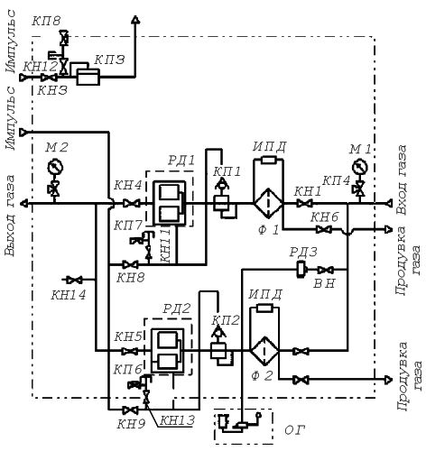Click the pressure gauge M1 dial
(360, 167)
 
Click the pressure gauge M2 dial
(55, 167)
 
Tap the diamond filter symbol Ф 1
(268, 204)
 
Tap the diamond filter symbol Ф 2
(264, 351)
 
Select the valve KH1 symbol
(304, 204)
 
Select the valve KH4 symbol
(131, 204)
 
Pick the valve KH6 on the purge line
(324, 229)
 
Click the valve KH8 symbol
(131, 264)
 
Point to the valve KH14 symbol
(74, 280)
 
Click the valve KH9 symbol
(131, 410)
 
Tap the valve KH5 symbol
(130, 351)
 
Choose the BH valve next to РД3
(325, 270)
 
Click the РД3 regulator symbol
(301, 270)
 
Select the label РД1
(181, 161)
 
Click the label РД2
(177, 308)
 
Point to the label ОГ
(294, 430)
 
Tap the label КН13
(177, 420)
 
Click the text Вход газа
(403, 179)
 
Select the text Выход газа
(9, 216)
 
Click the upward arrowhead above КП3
(135, 19)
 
